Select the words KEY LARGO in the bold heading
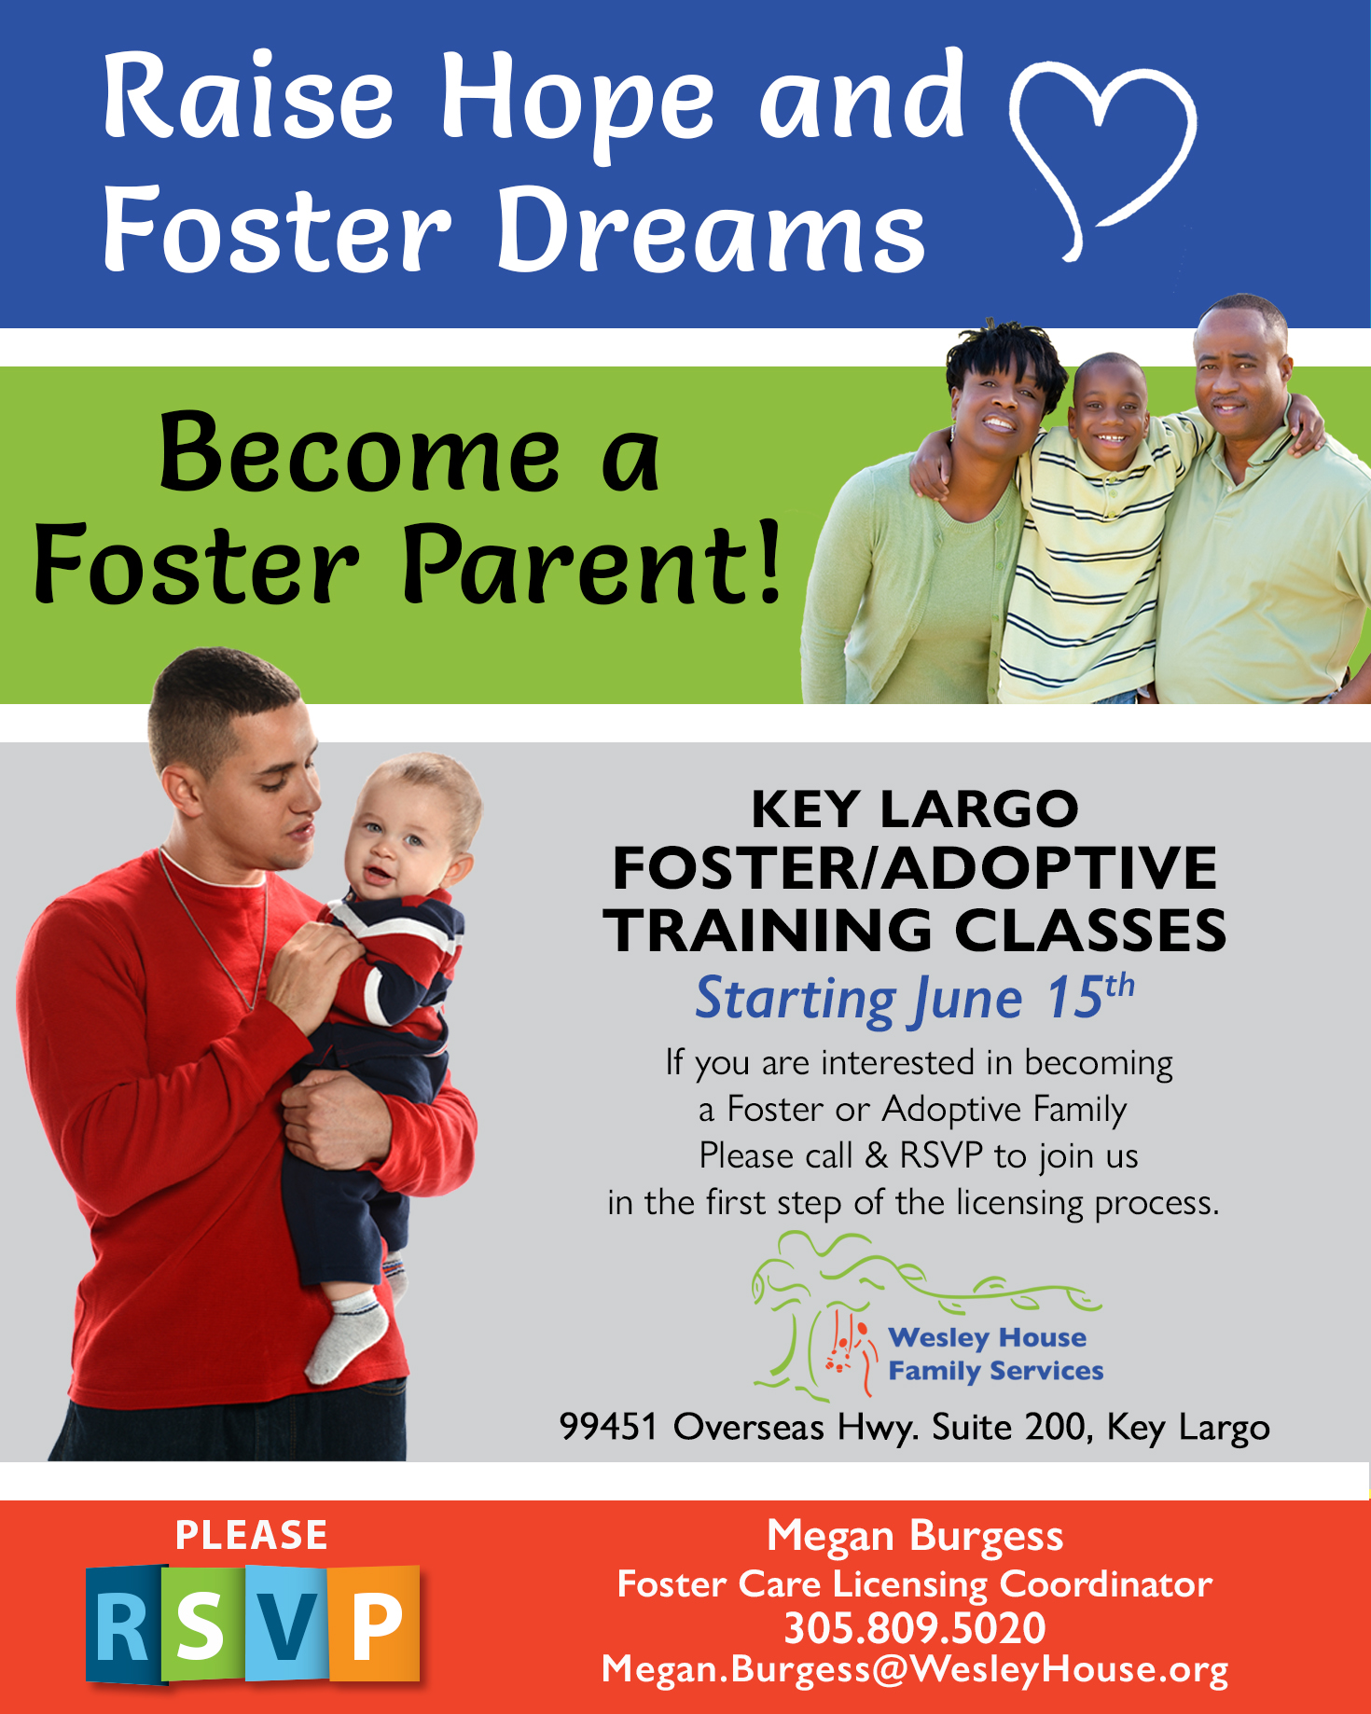[914, 809]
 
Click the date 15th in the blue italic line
[1089, 997]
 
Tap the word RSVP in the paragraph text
[941, 1155]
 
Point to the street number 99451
[608, 1427]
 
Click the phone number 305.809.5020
[914, 1628]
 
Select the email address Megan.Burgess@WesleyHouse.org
[914, 1670]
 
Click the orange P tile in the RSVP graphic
[375, 1624]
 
